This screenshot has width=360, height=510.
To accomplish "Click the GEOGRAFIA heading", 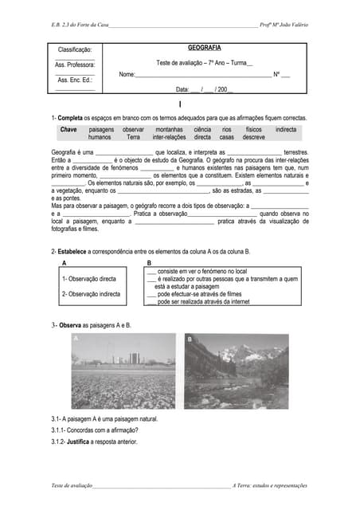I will (205, 48).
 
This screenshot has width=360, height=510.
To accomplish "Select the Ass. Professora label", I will (75, 65).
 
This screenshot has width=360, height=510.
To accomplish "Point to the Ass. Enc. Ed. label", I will (75, 80).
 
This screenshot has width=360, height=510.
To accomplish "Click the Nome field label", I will (127, 74).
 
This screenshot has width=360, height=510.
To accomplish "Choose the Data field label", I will (182, 90).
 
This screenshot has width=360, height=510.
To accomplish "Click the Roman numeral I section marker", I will (181, 105).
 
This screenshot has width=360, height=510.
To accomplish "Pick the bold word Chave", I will (68, 129).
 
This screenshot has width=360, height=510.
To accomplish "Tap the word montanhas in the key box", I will (169, 129).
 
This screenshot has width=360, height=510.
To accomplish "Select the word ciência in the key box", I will (202, 129).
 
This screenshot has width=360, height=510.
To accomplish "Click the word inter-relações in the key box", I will (169, 137).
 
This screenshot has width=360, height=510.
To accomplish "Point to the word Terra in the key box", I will (133, 137).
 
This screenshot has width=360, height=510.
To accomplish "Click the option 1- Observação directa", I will (89, 280).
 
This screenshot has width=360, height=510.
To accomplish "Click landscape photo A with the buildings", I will (123, 371).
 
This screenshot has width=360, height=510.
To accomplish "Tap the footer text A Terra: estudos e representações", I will (270, 485).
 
